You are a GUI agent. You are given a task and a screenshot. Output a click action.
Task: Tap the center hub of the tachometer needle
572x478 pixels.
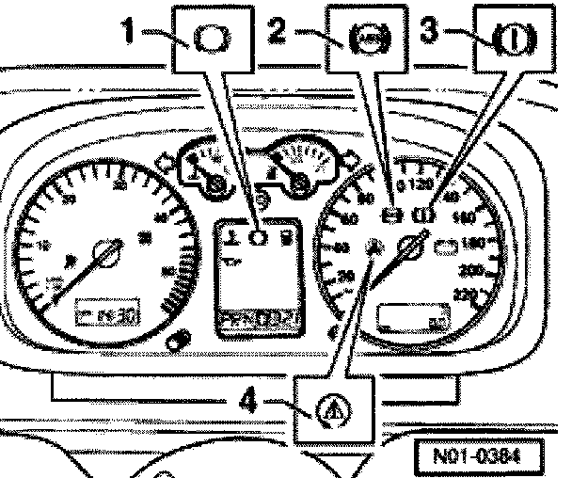coord(105,252)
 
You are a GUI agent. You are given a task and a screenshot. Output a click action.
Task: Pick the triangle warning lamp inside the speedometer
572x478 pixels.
coord(374,247)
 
